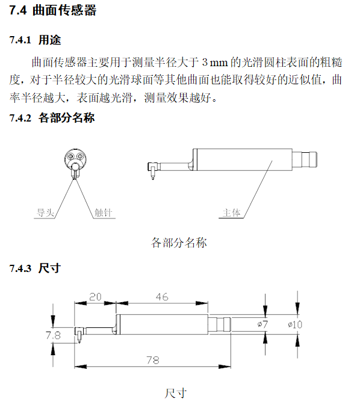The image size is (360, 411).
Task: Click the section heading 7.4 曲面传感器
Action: tap(53, 11)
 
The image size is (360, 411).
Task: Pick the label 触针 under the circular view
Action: tap(102, 212)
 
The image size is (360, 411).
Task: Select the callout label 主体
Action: tap(232, 212)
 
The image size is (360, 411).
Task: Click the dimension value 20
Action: tap(95, 297)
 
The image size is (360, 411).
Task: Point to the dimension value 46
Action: tap(161, 297)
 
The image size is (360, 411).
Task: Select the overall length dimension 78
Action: tap(153, 360)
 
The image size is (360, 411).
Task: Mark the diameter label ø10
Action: tap(295, 324)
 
